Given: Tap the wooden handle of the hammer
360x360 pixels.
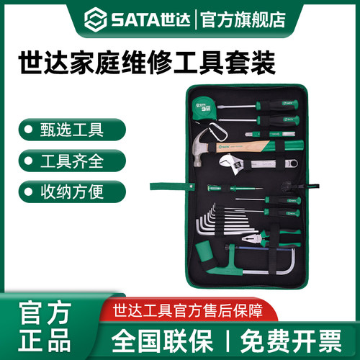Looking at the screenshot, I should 245,146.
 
